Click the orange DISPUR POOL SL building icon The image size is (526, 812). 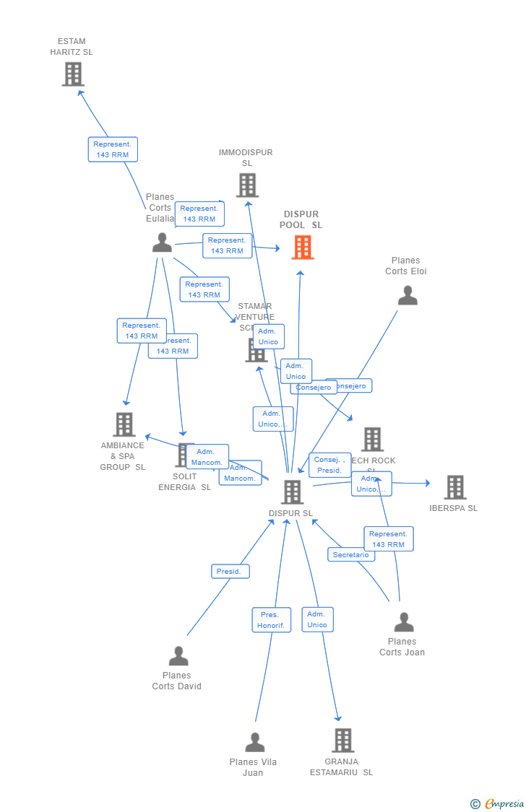pos(303,248)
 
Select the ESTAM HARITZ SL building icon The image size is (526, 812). pos(73,74)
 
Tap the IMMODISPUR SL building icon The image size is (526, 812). pos(247,185)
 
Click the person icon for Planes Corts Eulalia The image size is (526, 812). pos(162,243)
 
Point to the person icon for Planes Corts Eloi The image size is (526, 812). pos(408,295)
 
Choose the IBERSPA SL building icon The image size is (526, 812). pos(454,487)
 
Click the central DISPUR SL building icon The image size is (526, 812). pos(292,492)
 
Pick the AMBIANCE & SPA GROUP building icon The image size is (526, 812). pos(124,424)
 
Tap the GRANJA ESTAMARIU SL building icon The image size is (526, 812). pos(342,740)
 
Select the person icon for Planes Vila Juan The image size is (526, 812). pos(254,742)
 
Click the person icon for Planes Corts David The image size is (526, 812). pos(178,656)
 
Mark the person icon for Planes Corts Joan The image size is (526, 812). pos(404,622)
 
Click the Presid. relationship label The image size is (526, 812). pos(230,572)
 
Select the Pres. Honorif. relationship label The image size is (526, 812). pos(271,620)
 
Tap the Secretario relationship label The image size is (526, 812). pos(350,554)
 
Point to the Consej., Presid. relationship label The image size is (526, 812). pos(329,465)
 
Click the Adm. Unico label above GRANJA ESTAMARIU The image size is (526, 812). pos(317,619)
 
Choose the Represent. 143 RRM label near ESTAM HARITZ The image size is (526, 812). pos(113,149)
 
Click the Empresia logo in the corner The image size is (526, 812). pos(499,803)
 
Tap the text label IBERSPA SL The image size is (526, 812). pos(454,508)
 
